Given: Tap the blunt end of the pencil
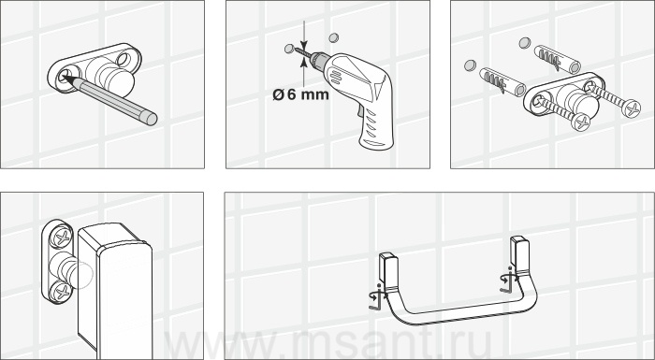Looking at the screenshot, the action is (x=151, y=118).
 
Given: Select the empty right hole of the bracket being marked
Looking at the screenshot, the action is (x=124, y=59).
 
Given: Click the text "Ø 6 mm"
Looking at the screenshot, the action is (x=300, y=94).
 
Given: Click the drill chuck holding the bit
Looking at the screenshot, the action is (x=317, y=60).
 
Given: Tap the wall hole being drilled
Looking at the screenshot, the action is (x=289, y=49).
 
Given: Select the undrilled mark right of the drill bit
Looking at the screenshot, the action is (x=333, y=38).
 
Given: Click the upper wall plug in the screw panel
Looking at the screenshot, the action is (x=558, y=59).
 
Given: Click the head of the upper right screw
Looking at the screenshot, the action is (x=631, y=108).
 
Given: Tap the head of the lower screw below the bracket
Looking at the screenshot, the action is (x=581, y=122).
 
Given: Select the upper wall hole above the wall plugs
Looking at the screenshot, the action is (x=525, y=43).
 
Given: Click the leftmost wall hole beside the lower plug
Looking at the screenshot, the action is (x=471, y=65).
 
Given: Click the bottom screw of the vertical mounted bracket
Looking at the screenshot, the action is (x=62, y=291).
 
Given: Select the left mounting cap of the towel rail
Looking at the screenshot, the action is (x=386, y=266).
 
